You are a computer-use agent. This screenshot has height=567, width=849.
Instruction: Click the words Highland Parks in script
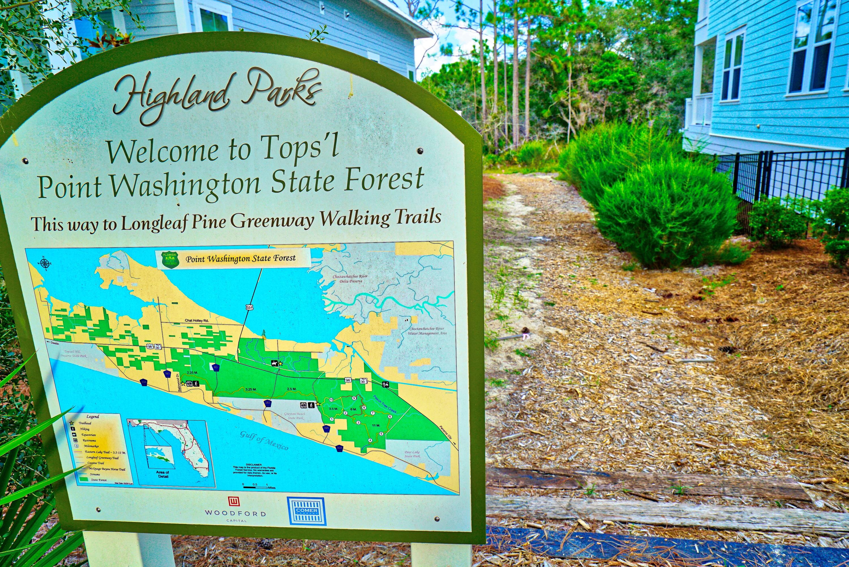[x=217, y=94]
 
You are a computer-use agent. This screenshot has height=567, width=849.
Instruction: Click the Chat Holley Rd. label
[x=197, y=320]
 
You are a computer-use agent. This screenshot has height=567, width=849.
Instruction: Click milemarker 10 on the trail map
[x=331, y=400]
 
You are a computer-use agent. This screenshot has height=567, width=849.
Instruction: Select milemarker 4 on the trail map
[x=370, y=440]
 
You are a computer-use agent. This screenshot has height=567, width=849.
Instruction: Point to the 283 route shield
[x=267, y=403]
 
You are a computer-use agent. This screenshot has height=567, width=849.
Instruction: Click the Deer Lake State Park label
[x=412, y=454]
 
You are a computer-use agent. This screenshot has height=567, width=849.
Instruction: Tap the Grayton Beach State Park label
[x=295, y=416]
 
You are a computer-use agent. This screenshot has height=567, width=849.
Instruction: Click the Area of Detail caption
[x=163, y=474]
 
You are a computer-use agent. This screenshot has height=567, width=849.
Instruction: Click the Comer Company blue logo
[x=306, y=511]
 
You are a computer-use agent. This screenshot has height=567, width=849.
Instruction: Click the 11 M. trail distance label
[x=376, y=425]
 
